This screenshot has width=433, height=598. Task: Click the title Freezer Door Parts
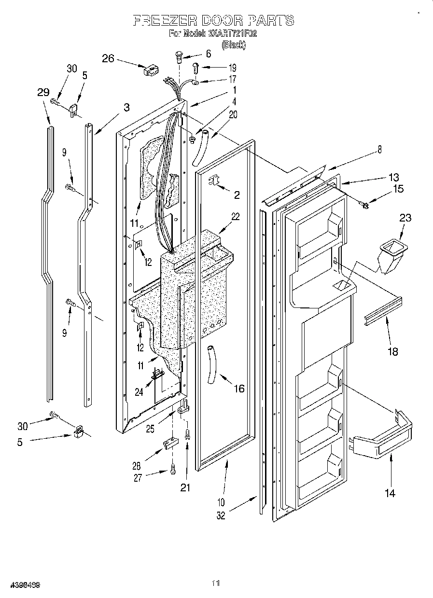click(213, 20)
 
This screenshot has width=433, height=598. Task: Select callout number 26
click(108, 58)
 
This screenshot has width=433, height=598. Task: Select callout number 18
click(393, 351)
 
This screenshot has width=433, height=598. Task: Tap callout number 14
click(390, 493)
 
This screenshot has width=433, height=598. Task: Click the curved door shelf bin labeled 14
click(381, 439)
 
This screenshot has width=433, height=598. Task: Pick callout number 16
click(238, 388)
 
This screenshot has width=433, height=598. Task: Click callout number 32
click(221, 515)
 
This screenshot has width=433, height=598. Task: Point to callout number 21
click(185, 487)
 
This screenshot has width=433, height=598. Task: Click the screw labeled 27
click(173, 467)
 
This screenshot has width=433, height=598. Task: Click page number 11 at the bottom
click(216, 584)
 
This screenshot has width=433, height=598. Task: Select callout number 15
click(399, 189)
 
